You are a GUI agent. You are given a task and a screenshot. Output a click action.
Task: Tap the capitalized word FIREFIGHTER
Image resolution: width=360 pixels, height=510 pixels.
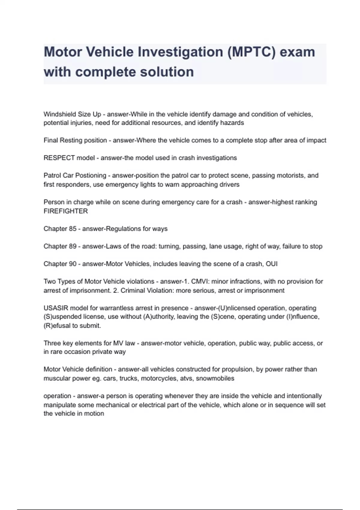(66, 211)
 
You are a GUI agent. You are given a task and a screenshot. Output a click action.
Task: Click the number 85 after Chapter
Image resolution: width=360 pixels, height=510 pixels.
(73, 229)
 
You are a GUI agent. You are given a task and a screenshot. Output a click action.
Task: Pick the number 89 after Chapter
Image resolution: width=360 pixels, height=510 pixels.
(73, 247)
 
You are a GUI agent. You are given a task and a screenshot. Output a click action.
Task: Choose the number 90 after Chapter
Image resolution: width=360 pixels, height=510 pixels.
(73, 264)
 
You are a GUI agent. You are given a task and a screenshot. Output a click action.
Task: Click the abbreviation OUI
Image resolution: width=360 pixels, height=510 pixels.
(271, 264)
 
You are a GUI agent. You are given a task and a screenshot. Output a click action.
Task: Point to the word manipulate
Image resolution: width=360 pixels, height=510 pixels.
(59, 405)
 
